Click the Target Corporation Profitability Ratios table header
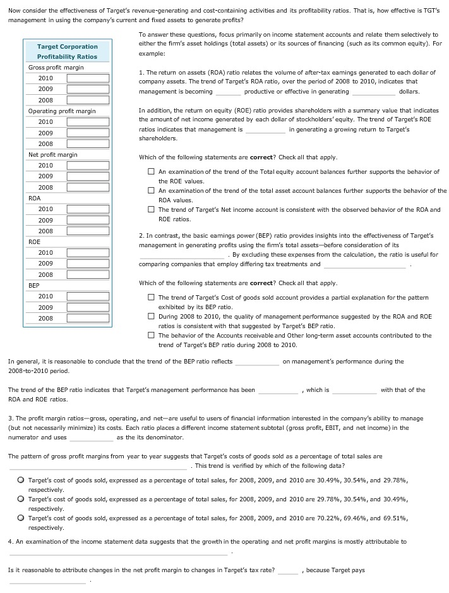[x=67, y=51]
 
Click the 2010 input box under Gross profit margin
[x=88, y=78]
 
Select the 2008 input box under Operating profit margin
[x=88, y=144]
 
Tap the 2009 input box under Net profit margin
[x=88, y=176]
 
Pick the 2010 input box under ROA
[x=88, y=209]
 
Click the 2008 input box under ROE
[x=88, y=275]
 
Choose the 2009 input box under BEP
[x=88, y=308]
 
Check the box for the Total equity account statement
[x=152, y=172]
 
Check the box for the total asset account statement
[x=152, y=191]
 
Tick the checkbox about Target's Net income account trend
[x=152, y=210]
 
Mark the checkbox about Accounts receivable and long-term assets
[x=152, y=336]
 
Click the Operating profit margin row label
[x=62, y=111]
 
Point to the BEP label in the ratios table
[x=35, y=286]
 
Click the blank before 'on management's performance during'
[x=257, y=362]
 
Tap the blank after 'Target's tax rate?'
[x=287, y=571]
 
